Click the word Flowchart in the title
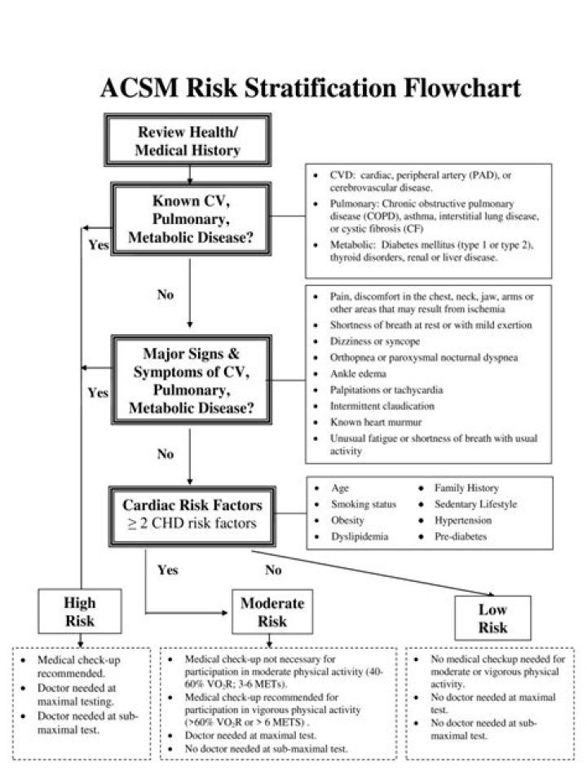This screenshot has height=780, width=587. click(x=462, y=88)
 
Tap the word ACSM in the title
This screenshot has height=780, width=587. click(x=139, y=88)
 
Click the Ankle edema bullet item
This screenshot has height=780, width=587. click(x=358, y=373)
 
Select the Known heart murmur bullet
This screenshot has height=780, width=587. click(x=376, y=422)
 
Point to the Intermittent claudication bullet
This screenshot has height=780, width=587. click(x=382, y=406)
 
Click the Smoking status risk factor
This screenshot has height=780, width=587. click(x=364, y=505)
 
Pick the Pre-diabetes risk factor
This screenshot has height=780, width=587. click(x=461, y=537)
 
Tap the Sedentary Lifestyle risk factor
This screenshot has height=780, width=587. click(x=475, y=505)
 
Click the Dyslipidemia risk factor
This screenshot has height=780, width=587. click(x=360, y=537)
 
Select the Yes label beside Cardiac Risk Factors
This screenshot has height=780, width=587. click(x=168, y=570)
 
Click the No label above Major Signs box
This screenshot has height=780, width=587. click(x=166, y=294)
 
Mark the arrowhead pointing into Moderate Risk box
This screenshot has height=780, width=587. click(x=224, y=612)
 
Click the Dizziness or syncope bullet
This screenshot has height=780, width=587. click(x=374, y=342)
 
